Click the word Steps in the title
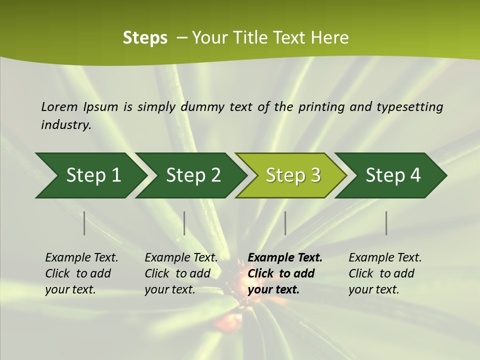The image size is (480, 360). (x=145, y=38)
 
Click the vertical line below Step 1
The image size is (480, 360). (x=84, y=223)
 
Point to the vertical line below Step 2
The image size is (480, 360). (x=184, y=223)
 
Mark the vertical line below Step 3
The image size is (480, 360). (x=285, y=223)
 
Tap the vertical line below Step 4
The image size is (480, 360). (x=386, y=223)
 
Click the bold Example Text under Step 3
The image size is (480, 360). (x=285, y=257)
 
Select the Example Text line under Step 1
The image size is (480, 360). (x=81, y=257)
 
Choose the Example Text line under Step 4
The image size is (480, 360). (x=385, y=257)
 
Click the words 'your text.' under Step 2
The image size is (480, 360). (x=170, y=289)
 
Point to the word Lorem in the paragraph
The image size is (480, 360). (x=59, y=107)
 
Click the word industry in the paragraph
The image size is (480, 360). (x=65, y=124)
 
